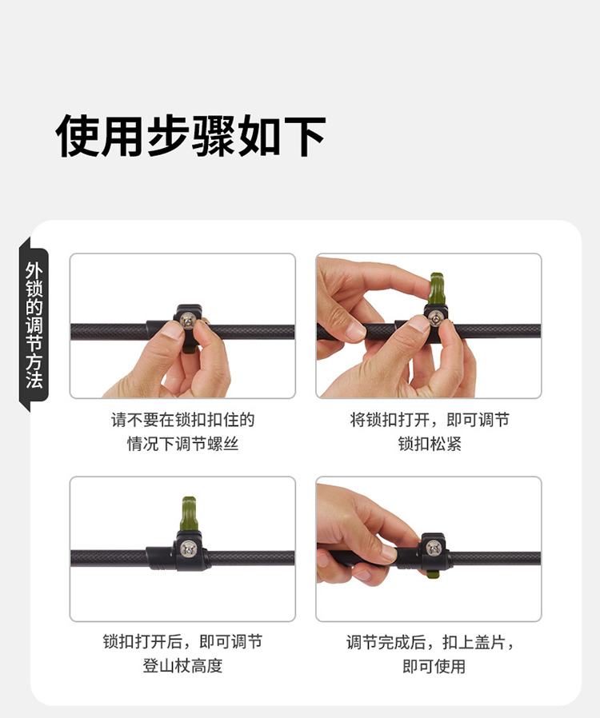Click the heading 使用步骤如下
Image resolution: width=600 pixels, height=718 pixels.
190,136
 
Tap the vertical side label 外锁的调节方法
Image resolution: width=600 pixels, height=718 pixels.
34,325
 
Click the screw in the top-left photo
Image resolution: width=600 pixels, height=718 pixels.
188,321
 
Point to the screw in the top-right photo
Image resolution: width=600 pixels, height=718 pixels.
434,319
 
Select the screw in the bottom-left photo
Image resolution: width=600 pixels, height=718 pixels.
188,549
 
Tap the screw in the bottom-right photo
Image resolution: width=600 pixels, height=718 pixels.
434,548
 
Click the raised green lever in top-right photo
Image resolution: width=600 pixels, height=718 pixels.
438,289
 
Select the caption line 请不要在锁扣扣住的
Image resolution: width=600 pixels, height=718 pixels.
182,420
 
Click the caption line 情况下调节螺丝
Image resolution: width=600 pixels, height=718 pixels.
182,444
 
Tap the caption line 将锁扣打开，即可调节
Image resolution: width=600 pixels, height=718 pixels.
430,420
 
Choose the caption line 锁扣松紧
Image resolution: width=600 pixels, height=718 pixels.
430,444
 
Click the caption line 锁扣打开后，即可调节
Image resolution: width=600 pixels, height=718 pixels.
182,642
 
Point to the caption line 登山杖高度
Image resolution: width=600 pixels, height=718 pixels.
182,666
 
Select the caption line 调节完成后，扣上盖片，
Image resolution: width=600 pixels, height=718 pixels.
430,643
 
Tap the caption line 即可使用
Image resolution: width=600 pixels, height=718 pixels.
434,666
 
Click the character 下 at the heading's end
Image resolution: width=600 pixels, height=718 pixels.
305,136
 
